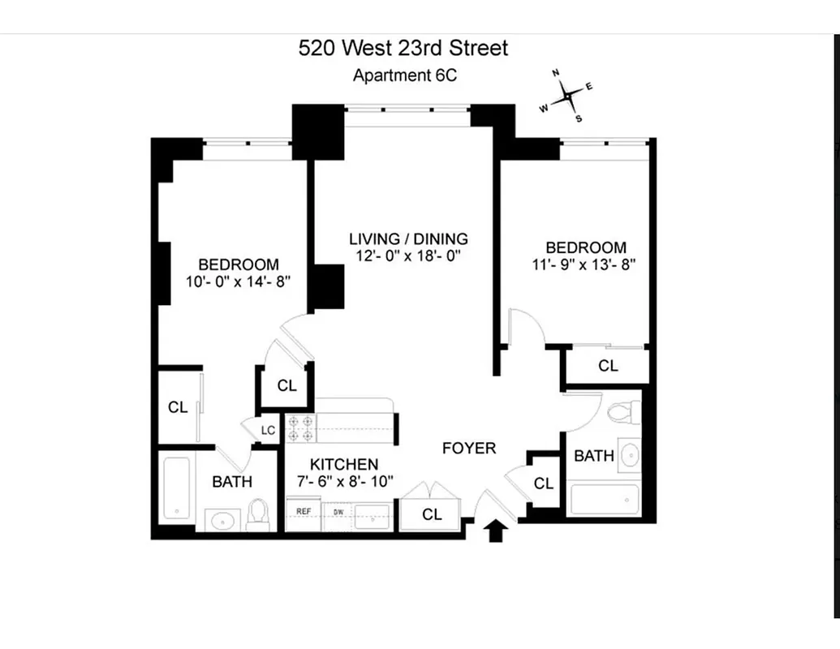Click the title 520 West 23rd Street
pyautogui.click(x=403, y=48)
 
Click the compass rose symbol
pyautogui.click(x=567, y=96)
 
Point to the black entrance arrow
pyautogui.click(x=497, y=531)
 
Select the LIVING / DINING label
pyautogui.click(x=408, y=239)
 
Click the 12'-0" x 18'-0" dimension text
pyautogui.click(x=408, y=256)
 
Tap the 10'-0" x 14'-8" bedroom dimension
pyautogui.click(x=238, y=282)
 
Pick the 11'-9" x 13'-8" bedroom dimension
pyautogui.click(x=585, y=264)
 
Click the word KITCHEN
pyautogui.click(x=345, y=465)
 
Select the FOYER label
pyautogui.click(x=468, y=448)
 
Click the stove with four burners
pyautogui.click(x=302, y=428)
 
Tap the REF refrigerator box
pyautogui.click(x=304, y=512)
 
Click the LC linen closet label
pyautogui.click(x=269, y=431)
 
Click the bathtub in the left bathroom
pyautogui.click(x=176, y=490)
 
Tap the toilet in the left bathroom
pyautogui.click(x=258, y=514)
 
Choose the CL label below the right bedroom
pyautogui.click(x=608, y=366)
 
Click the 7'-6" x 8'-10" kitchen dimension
pyautogui.click(x=345, y=481)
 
